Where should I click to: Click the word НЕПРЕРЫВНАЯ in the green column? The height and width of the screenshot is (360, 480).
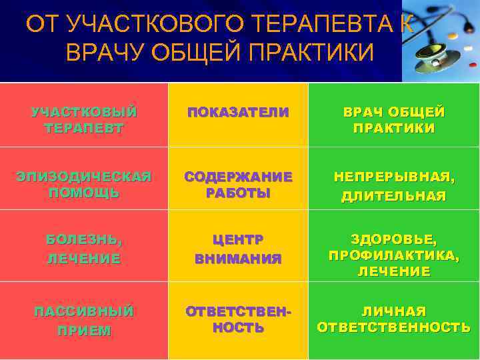pyautogui.click(x=393, y=177)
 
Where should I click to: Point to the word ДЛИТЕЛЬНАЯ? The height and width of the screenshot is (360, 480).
pyautogui.click(x=393, y=196)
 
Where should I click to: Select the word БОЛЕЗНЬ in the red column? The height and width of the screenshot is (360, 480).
pyautogui.click(x=84, y=239)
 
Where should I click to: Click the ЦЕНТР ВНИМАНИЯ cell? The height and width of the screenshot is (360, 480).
pyautogui.click(x=238, y=248)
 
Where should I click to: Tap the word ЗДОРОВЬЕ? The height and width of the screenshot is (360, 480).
pyautogui.click(x=393, y=238)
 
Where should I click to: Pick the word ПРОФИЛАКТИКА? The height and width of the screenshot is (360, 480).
pyautogui.click(x=393, y=255)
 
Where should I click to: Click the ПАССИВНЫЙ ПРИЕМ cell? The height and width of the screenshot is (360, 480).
pyautogui.click(x=84, y=321)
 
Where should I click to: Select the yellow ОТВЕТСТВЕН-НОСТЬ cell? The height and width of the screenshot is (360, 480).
pyautogui.click(x=238, y=319)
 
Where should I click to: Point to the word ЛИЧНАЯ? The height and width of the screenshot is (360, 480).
pyautogui.click(x=393, y=311)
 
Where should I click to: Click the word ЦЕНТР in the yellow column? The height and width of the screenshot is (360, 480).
pyautogui.click(x=238, y=239)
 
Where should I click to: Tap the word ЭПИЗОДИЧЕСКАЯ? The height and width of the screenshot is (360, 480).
pyautogui.click(x=84, y=177)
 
